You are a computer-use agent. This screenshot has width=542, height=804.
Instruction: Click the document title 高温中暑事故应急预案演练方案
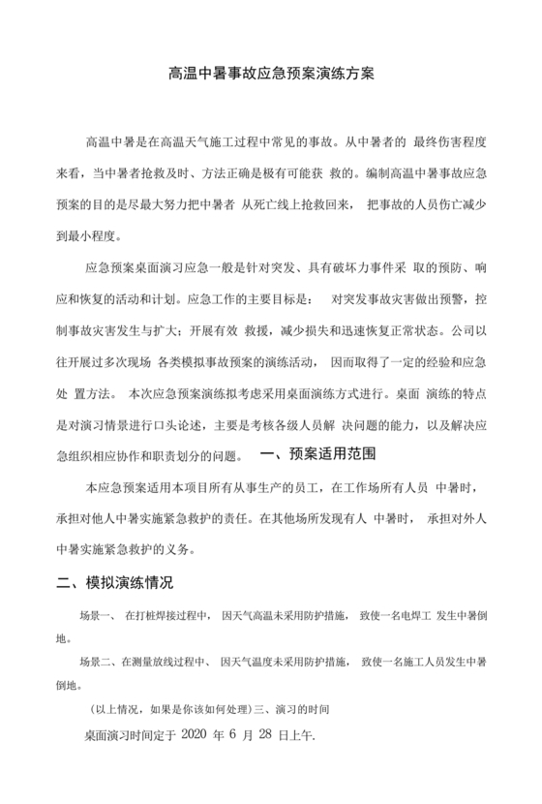click(271, 74)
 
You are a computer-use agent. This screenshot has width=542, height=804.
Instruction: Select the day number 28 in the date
click(290, 735)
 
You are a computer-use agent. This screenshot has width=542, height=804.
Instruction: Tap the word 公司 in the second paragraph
click(461, 329)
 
